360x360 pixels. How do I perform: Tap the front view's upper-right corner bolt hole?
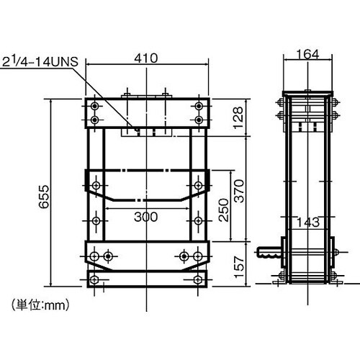pos(198,105)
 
